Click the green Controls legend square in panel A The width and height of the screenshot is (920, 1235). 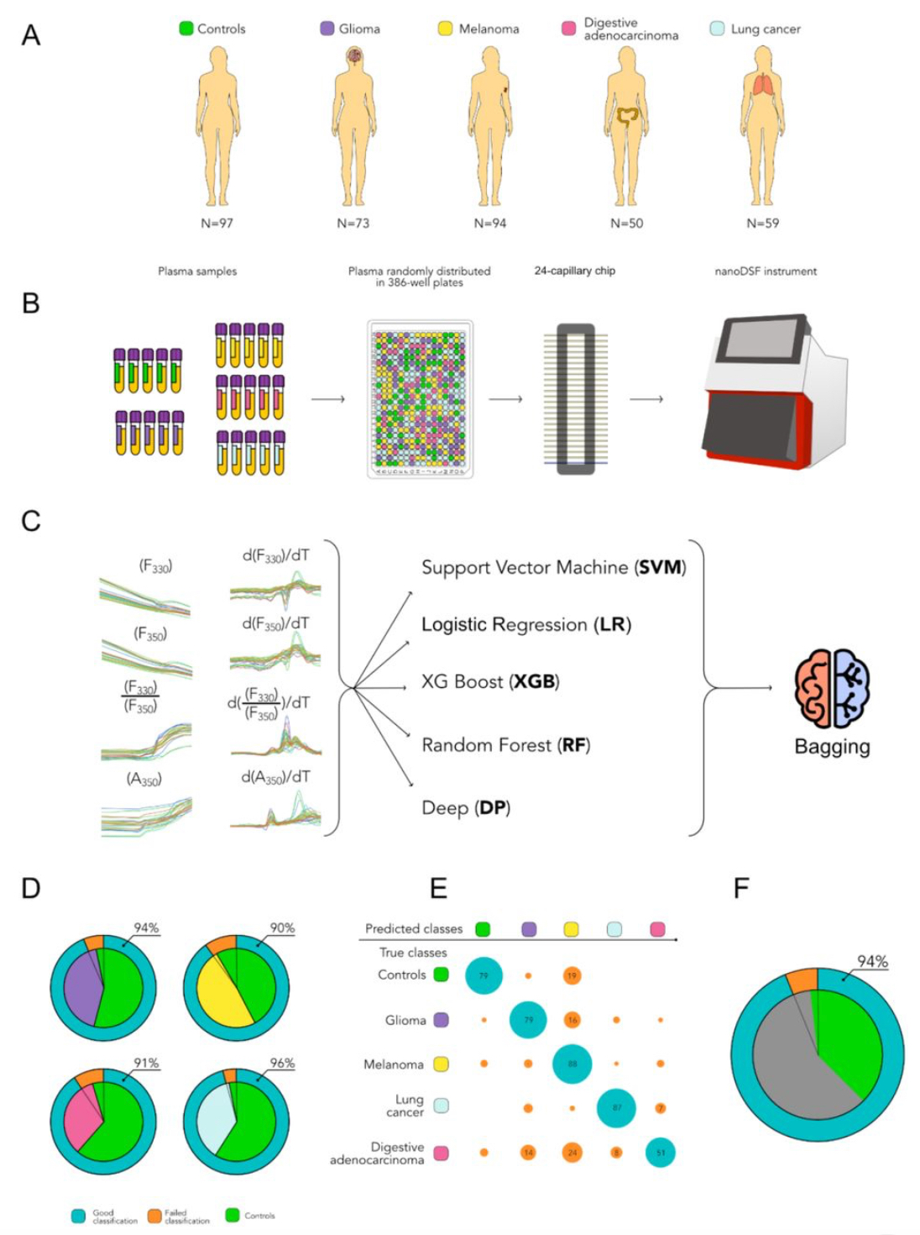(x=186, y=29)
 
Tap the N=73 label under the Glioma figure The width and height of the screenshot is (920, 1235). (x=353, y=223)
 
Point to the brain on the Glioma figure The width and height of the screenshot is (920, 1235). (x=355, y=57)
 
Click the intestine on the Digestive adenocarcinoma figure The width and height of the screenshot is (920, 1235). (x=627, y=117)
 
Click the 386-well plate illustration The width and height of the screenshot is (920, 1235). (x=420, y=399)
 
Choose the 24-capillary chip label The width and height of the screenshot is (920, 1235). (x=574, y=271)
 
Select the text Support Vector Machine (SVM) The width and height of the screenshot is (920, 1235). (x=553, y=568)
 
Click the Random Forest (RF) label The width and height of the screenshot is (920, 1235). (x=505, y=745)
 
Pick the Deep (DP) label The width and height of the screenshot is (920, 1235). (x=466, y=808)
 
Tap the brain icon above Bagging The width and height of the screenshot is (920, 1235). (x=832, y=688)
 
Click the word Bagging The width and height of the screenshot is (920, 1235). (x=832, y=747)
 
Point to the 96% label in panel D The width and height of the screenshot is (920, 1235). (x=282, y=1063)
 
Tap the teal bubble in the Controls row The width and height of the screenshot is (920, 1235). (x=484, y=975)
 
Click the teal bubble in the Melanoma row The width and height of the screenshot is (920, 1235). (x=572, y=1064)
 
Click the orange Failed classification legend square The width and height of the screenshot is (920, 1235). (x=154, y=1216)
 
